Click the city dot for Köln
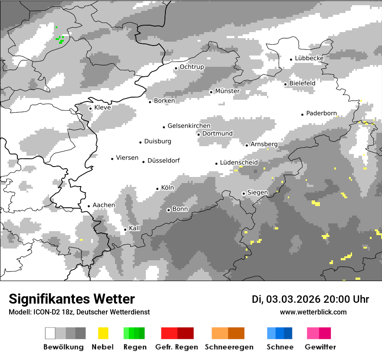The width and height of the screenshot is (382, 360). coord(158,189)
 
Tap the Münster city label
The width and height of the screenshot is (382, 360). coord(227,91)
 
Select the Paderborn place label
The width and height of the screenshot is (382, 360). coord(321,113)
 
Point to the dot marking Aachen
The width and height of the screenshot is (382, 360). coord(89,206)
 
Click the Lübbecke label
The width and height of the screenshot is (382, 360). coord(309,58)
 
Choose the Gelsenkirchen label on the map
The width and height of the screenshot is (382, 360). coord(189,126)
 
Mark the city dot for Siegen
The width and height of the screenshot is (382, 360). coord(244,193)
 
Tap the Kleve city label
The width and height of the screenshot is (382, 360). coord(102,107)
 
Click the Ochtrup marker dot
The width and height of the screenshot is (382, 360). coord(176,68)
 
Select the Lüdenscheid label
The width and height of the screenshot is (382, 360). coord(239,162)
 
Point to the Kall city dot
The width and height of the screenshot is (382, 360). coord(125,229)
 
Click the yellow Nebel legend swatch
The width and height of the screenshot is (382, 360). coord(103,333)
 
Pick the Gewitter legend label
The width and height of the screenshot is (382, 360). coord(320,347)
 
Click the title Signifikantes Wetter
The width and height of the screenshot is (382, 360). coord(72,299)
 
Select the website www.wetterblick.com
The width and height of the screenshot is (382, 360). coord(313,312)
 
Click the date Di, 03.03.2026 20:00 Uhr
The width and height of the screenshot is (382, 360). coord(310,299)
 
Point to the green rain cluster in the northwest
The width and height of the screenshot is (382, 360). coord(60,39)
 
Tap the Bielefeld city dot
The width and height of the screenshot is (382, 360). coord(286,84)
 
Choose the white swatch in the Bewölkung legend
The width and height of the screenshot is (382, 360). coord(50,333)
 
